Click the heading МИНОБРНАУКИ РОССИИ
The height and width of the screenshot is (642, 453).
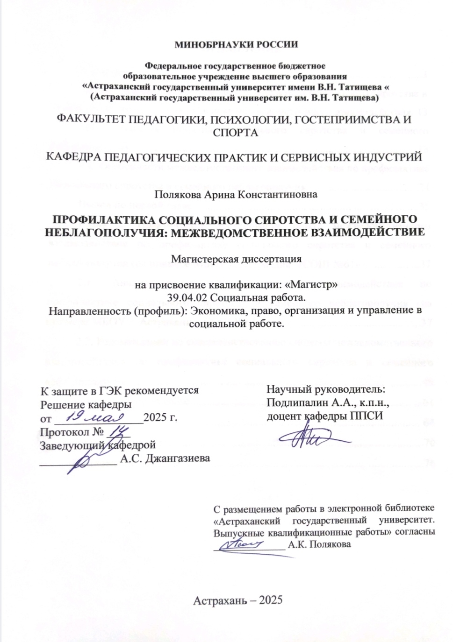click(x=236, y=45)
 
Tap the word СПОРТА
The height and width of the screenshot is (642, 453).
click(x=235, y=132)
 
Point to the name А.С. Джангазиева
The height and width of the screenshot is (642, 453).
click(x=165, y=458)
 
